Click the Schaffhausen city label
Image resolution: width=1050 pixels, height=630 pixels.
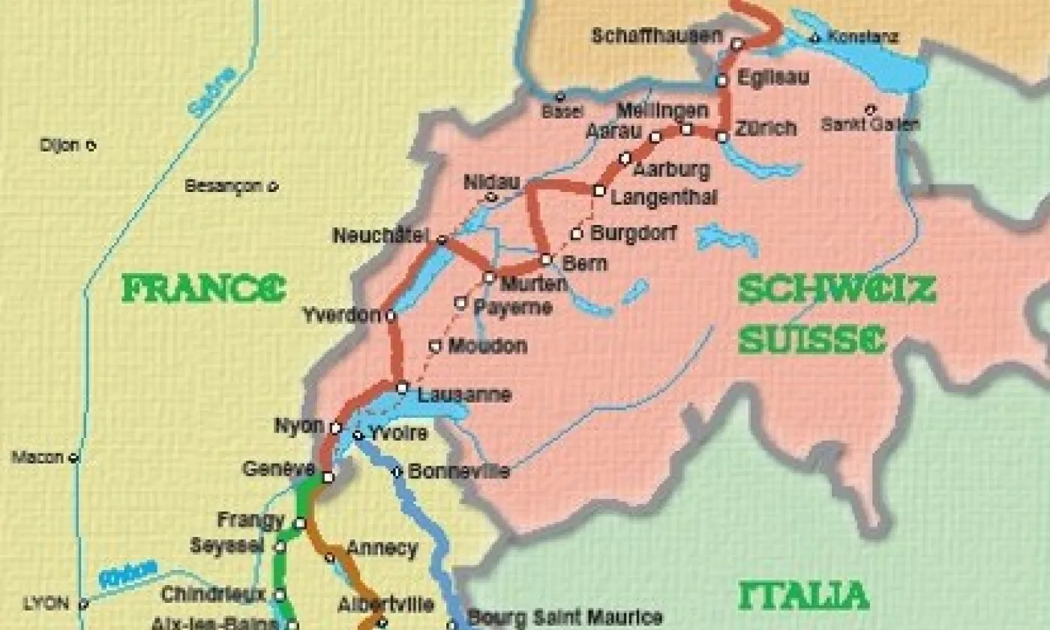[x=656, y=35]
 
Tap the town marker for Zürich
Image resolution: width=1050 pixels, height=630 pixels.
[x=721, y=137]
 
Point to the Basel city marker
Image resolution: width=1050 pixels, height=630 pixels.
[x=559, y=97]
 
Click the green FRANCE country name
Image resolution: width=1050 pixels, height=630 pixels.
[x=203, y=289]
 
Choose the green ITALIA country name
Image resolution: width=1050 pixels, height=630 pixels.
[x=803, y=595]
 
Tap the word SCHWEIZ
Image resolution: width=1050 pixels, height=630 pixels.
[x=837, y=289]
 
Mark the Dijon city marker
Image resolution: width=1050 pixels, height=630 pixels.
[x=91, y=145]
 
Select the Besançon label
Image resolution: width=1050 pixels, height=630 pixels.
[x=223, y=186]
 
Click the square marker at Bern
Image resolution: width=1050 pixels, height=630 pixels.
[x=546, y=259]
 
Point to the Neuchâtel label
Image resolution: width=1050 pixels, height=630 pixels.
[x=381, y=235]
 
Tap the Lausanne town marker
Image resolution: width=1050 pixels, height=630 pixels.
[x=403, y=388]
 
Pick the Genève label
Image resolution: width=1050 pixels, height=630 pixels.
[x=278, y=469]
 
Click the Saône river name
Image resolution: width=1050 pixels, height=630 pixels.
[x=211, y=93]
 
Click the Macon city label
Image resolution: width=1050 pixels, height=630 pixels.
[x=37, y=457]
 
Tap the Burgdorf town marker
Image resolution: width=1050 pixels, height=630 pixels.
[x=577, y=233]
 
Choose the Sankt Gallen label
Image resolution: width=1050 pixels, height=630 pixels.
[x=870, y=124]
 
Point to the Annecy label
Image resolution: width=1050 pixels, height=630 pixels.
[x=381, y=548]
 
